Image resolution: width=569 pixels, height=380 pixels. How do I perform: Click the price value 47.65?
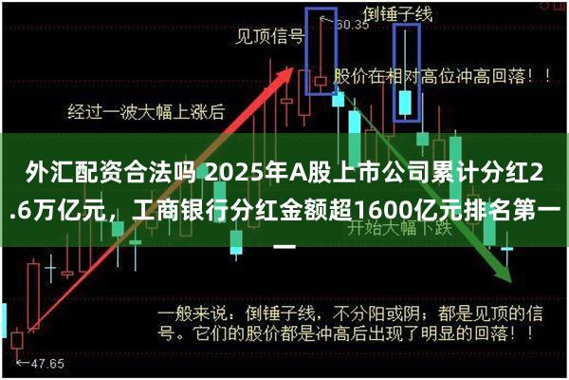pyautogui.click(x=47, y=363)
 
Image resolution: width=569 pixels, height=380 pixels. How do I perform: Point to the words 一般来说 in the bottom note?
pyautogui.click(x=193, y=313)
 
